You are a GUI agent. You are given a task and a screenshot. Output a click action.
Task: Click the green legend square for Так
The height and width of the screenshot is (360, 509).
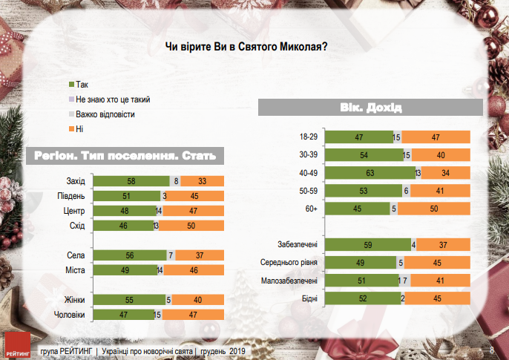coord(70,85)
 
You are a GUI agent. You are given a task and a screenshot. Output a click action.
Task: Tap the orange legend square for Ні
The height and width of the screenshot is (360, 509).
coord(70,129)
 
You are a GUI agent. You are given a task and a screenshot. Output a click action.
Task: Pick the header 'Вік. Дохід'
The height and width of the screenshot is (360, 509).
coord(371,108)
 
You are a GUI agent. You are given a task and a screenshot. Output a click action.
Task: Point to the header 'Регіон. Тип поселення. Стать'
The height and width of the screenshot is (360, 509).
coord(125,156)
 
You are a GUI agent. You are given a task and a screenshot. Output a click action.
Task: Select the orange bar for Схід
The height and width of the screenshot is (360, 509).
coord(193,226)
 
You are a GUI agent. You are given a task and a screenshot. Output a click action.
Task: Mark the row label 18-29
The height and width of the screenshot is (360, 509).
coord(309,137)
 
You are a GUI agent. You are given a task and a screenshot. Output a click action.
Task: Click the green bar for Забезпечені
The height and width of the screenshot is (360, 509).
coord(369,244)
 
